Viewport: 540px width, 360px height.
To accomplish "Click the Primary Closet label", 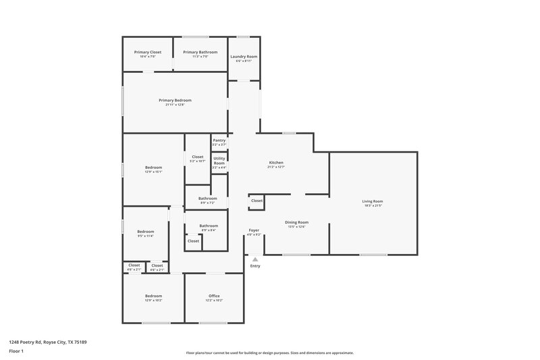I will [147, 52].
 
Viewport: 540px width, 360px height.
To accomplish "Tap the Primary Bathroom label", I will [200, 52].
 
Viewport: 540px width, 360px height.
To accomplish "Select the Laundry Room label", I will [244, 57].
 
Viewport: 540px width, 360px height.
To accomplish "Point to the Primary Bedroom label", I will [174, 100].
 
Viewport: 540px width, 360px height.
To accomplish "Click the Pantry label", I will [219, 140].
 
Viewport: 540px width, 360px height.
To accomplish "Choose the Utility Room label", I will [219, 161].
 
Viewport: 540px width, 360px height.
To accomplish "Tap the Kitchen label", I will [276, 163].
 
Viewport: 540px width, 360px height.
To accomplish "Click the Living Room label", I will [373, 201].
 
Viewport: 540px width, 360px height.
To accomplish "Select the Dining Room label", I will [296, 222].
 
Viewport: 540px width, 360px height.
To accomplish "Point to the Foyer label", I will [254, 230].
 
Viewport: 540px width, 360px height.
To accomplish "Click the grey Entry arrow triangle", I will [255, 258].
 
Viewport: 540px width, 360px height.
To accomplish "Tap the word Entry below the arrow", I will [255, 265].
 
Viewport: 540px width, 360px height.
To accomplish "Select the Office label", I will [214, 296].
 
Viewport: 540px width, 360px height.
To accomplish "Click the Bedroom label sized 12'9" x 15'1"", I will [153, 168].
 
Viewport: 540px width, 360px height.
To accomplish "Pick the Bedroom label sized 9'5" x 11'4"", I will [146, 232].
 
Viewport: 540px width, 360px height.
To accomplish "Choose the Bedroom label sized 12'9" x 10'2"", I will [153, 296].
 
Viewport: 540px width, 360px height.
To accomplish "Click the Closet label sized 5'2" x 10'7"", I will [198, 157].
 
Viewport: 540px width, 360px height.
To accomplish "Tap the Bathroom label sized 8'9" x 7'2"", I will [207, 199].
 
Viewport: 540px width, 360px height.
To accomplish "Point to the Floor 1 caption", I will [16, 352].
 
